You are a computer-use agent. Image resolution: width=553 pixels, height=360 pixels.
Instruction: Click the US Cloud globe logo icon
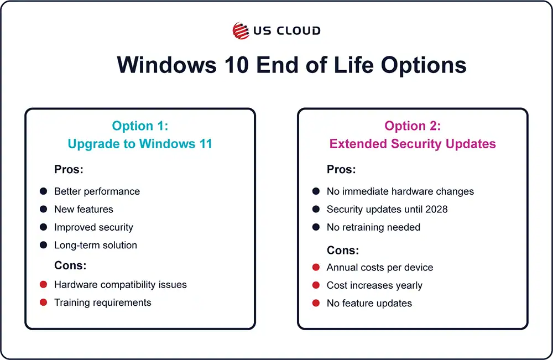(241, 30)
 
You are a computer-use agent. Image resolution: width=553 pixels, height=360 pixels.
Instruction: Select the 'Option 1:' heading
(140, 126)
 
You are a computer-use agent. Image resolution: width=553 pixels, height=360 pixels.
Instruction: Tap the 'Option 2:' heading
(413, 126)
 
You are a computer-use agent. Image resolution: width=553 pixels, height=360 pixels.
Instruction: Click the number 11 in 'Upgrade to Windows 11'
(206, 144)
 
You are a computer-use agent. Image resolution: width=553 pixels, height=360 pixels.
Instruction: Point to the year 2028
(437, 209)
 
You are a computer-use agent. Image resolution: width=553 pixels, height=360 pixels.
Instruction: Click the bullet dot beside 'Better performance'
(43, 191)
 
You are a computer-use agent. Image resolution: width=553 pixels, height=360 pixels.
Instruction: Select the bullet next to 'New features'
(43, 209)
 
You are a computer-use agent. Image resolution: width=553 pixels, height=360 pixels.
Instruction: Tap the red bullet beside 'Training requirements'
(43, 302)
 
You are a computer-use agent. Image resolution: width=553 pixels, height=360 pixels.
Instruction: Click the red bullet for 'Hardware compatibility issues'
(43, 285)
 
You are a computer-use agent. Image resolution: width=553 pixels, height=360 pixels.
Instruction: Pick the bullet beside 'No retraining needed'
(316, 227)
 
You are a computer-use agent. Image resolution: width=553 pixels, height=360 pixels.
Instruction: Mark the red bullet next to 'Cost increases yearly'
(316, 285)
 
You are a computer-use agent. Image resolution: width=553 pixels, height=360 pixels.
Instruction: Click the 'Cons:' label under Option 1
(70, 265)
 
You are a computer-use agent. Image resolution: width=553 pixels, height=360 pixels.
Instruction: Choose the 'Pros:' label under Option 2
(341, 169)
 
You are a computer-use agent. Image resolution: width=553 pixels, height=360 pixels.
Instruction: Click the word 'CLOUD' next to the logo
(299, 30)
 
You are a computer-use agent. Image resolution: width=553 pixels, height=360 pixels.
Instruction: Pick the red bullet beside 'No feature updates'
(316, 303)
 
